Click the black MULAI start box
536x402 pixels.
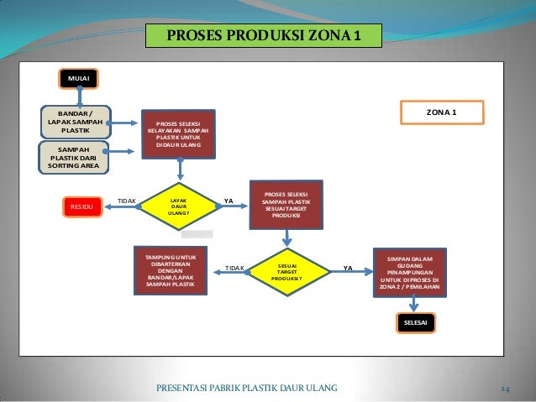79,79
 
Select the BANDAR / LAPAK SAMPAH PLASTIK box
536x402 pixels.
76,122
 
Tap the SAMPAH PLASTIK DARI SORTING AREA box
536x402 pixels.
75,157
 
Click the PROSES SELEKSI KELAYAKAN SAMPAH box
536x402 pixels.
179,134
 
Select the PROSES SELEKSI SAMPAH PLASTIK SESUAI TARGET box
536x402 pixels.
286,203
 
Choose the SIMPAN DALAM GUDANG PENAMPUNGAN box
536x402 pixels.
411,272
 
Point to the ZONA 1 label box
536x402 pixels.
442,112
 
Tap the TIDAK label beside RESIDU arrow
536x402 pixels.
127,201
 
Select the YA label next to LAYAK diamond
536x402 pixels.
229,201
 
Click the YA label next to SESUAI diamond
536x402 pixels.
348,269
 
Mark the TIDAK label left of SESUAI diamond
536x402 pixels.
234,269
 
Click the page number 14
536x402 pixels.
506,388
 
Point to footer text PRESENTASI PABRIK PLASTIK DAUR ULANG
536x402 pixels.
247,387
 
